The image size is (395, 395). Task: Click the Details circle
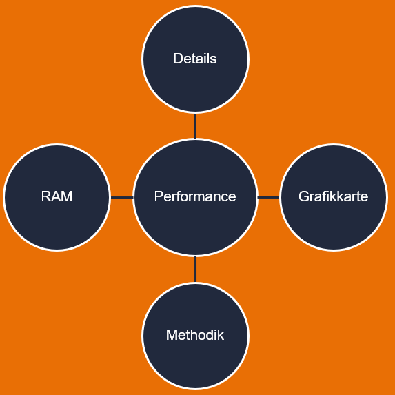[196, 59]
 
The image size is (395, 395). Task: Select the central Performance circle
[196, 197]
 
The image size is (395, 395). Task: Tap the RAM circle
[57, 197]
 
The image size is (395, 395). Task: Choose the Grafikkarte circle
[334, 197]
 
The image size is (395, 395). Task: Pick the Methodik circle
[196, 336]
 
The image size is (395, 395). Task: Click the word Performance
[195, 196]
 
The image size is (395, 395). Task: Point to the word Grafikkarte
[333, 196]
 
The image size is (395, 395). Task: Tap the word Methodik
[195, 335]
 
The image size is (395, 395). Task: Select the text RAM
[57, 196]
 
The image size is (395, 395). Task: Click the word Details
[195, 59]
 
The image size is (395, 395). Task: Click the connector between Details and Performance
[196, 126]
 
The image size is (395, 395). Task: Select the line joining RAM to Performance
[122, 197]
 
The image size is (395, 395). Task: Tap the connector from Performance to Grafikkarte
[269, 197]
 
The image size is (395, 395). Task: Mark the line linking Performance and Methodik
[196, 270]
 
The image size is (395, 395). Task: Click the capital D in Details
[178, 59]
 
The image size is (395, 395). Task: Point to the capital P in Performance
[159, 196]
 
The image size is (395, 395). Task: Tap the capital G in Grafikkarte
[304, 196]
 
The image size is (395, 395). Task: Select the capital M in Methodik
[172, 335]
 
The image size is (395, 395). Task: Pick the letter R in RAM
[46, 196]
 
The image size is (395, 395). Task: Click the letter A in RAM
[56, 196]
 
